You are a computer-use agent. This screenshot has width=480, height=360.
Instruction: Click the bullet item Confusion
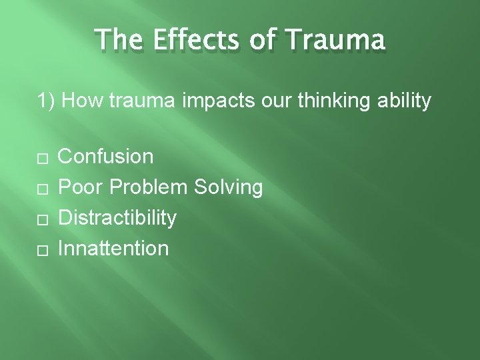[106, 157]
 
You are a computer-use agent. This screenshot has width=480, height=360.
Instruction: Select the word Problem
[149, 187]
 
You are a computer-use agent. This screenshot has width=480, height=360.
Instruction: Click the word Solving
[229, 187]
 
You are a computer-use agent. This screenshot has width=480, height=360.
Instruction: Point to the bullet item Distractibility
[117, 218]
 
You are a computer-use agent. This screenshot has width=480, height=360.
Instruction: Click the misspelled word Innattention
[113, 249]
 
